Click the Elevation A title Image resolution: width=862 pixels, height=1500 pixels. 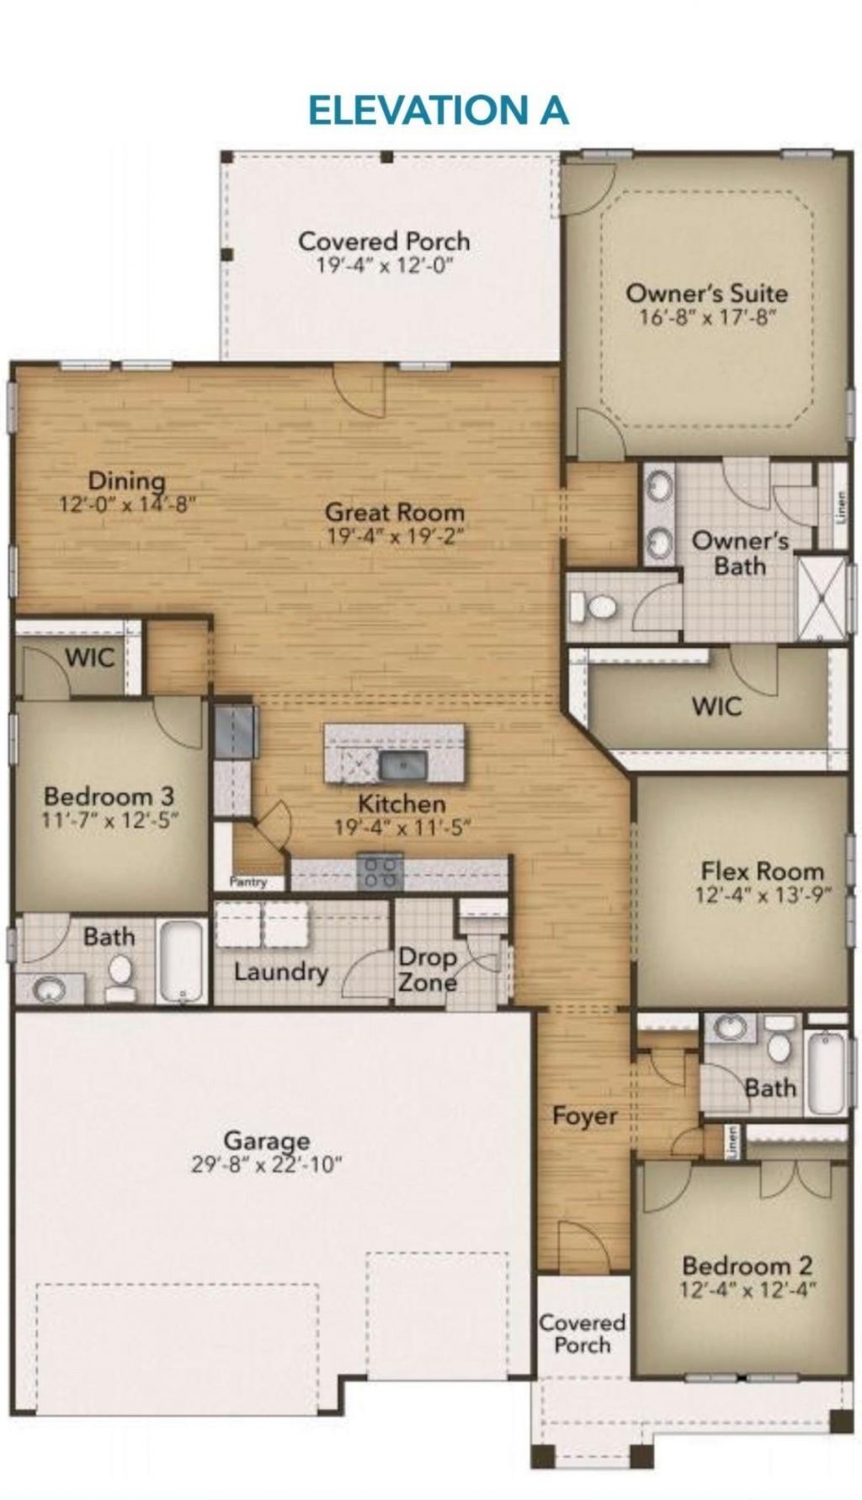click(438, 110)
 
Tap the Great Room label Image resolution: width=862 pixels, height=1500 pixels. click(394, 511)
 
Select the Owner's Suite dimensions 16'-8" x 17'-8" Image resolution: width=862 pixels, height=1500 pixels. click(706, 318)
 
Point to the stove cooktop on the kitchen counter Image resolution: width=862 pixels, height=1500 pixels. click(380, 872)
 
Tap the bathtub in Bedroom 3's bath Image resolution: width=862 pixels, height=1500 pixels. click(183, 961)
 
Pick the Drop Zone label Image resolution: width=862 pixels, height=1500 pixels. click(428, 969)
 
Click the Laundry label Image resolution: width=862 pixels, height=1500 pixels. click(280, 972)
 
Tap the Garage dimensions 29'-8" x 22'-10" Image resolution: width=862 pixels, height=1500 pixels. click(266, 1165)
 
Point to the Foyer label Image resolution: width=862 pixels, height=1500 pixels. click(584, 1116)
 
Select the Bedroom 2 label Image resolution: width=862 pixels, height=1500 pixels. click(747, 1265)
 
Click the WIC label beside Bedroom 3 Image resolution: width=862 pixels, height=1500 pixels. click(89, 657)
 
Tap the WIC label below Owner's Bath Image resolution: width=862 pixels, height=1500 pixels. click(716, 705)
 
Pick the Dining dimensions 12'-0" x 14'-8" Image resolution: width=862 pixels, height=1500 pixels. click(126, 504)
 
